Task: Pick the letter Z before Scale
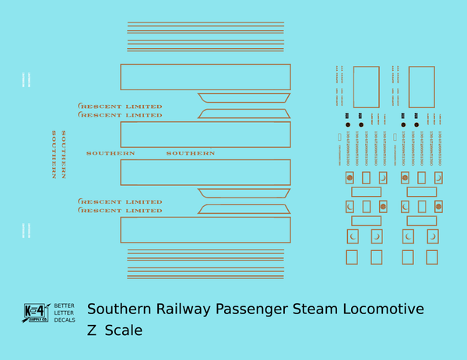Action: coord(92,330)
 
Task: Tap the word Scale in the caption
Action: coord(124,330)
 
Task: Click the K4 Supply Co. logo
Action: coord(35,313)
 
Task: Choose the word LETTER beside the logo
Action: coord(64,313)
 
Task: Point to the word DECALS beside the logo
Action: coord(64,320)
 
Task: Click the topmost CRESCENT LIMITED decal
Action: coord(120,107)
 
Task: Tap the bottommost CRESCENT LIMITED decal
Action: coord(120,211)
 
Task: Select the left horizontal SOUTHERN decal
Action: coord(111,153)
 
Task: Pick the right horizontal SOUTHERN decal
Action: coord(191,153)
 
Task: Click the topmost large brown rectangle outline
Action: coord(205,77)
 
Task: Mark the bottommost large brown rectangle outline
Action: coord(205,230)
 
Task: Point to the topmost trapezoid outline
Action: coord(244,97)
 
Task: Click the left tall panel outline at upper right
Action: coord(366,87)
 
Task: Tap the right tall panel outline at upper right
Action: coord(421,87)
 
